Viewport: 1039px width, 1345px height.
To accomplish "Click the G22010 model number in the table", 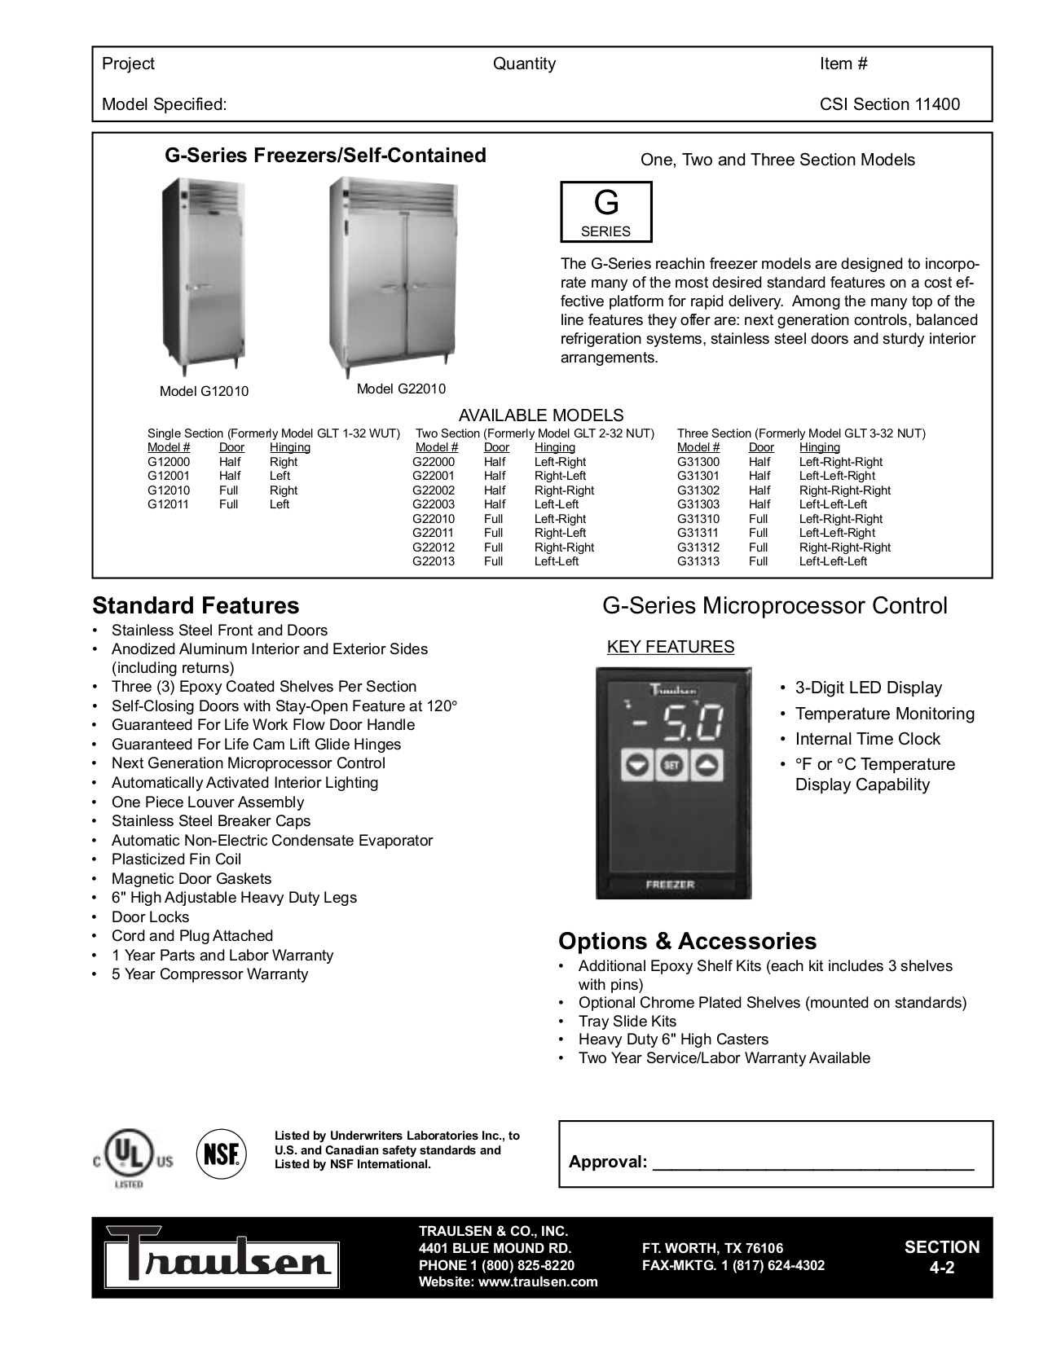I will [434, 519].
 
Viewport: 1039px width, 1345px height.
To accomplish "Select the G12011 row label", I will [169, 504].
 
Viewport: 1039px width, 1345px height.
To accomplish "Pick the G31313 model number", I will [698, 561].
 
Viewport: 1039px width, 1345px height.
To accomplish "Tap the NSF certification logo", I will [221, 1154].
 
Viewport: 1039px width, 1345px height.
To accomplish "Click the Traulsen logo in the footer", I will [220, 1259].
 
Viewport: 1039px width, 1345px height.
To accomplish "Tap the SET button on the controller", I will [671, 765].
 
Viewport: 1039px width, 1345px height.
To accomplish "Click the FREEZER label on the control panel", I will [670, 885].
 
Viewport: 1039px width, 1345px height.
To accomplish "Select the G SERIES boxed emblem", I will [606, 212].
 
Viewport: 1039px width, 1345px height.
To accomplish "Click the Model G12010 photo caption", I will [204, 391].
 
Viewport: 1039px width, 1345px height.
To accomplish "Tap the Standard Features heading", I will [196, 606].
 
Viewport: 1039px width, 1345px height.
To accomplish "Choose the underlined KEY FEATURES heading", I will [671, 647].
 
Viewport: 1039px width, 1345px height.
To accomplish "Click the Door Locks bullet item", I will [151, 916].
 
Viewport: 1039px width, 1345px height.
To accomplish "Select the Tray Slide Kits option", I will [627, 1022].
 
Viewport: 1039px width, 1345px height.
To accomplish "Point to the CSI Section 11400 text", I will [890, 104].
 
